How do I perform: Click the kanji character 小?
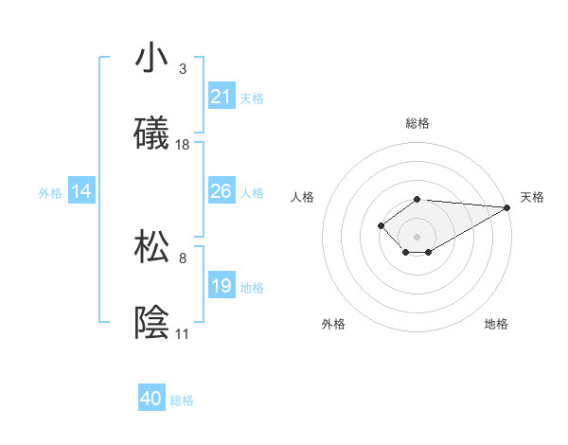point(151,59)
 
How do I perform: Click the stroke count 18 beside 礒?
point(183,145)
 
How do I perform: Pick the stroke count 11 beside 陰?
point(182,334)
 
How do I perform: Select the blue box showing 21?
point(222,97)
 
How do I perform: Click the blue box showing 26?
point(222,191)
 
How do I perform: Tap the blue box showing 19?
point(222,286)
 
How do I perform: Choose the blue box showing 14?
point(81,191)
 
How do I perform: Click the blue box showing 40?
point(151,400)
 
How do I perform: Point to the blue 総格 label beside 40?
point(182,400)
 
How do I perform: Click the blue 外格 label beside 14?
point(50,192)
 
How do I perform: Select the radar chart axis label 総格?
point(417,123)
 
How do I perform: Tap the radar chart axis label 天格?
point(532,197)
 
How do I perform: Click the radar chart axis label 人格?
point(303,197)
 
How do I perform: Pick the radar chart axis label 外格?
point(333,324)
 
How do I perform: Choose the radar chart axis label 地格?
point(496,324)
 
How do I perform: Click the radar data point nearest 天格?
point(507,207)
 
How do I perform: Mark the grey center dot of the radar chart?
point(417,236)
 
